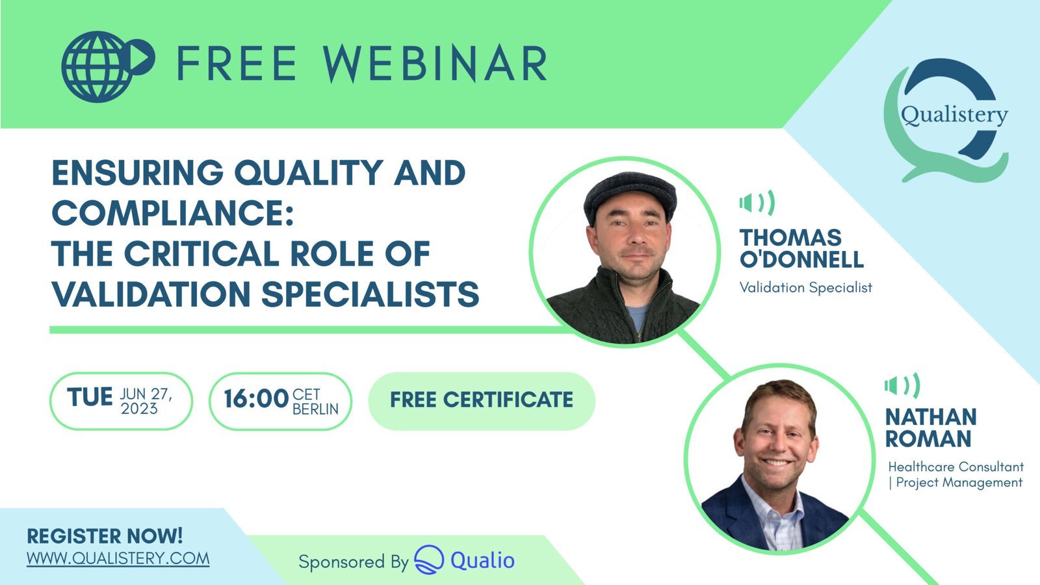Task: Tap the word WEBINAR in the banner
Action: click(x=435, y=64)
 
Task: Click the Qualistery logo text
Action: click(x=955, y=115)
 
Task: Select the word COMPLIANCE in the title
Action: click(x=173, y=213)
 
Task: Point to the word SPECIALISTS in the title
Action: click(x=370, y=294)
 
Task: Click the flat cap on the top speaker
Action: click(x=630, y=195)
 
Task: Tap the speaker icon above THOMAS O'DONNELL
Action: click(x=757, y=203)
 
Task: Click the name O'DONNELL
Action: click(x=801, y=259)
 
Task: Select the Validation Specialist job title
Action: click(x=805, y=287)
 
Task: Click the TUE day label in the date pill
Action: click(x=90, y=397)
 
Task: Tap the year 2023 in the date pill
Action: click(x=139, y=409)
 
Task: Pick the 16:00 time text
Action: click(x=256, y=399)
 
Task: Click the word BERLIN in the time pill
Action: click(x=316, y=409)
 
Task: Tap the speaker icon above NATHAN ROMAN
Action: click(x=902, y=386)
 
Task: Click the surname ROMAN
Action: click(x=928, y=439)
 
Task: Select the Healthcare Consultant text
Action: click(x=956, y=467)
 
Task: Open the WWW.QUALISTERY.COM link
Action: click(x=118, y=558)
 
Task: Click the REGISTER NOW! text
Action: click(x=105, y=536)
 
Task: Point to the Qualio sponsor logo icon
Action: click(x=429, y=560)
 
